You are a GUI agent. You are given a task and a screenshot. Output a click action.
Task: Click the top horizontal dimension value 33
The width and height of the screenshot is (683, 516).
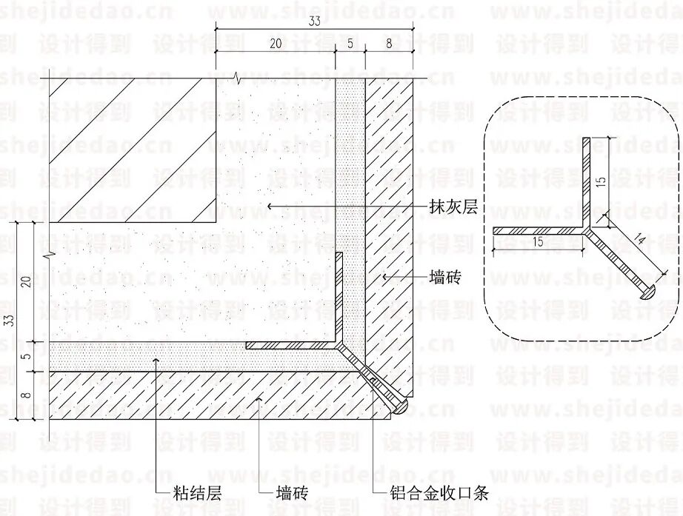(314, 22)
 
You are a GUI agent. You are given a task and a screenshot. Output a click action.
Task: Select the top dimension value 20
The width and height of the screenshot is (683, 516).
(275, 44)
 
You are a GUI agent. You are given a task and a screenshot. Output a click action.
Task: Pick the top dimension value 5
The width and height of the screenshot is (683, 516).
(350, 44)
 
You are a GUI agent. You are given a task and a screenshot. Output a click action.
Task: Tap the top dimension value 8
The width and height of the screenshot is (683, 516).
(390, 44)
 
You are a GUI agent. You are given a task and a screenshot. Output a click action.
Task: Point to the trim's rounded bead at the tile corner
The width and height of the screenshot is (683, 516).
(399, 407)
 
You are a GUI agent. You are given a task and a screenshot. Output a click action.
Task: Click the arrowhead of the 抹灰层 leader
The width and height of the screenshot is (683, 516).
(270, 205)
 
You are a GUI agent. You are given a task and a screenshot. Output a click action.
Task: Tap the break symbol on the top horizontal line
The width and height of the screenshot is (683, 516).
(236, 78)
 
